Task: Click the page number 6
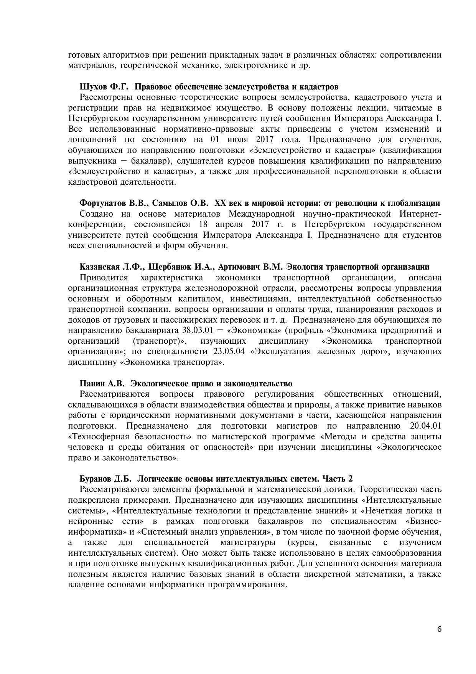coord(439,629)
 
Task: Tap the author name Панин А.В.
coord(102,383)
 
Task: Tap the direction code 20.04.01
coord(425,426)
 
